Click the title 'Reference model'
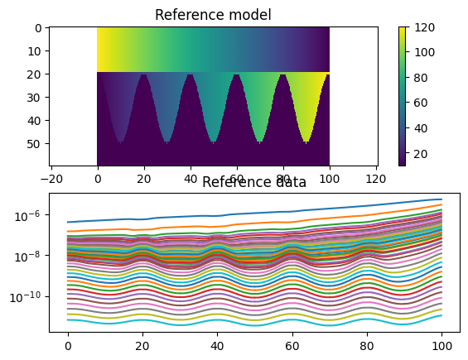click(x=214, y=15)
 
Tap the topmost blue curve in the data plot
click(x=248, y=214)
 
